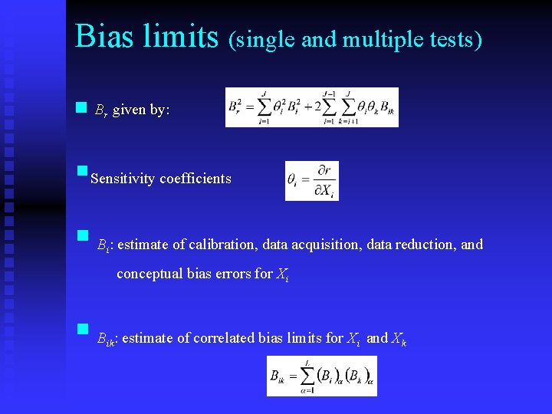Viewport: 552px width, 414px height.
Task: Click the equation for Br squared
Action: (x=312, y=107)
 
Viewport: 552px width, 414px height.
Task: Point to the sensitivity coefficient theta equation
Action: (x=311, y=181)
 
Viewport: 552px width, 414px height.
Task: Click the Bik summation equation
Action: (x=321, y=376)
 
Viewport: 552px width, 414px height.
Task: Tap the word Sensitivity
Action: (x=123, y=179)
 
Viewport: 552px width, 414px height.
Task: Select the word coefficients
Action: (x=195, y=179)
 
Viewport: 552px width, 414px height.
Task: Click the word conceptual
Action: (x=150, y=274)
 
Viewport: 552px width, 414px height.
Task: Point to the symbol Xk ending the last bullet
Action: (x=399, y=339)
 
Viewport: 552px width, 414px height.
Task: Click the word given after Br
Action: (x=129, y=110)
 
